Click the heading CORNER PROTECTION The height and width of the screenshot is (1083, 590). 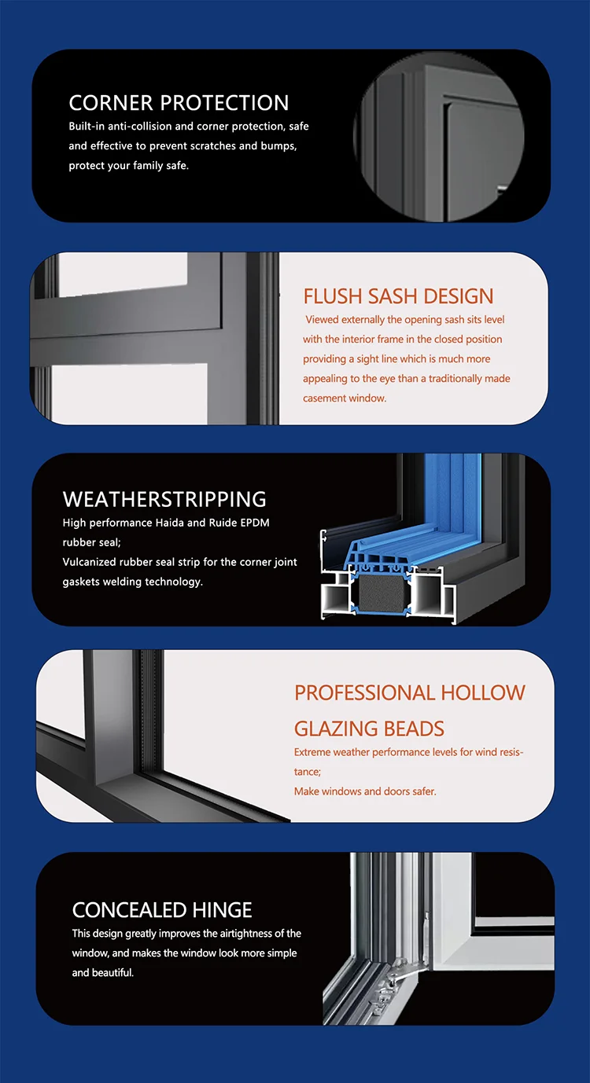[179, 103]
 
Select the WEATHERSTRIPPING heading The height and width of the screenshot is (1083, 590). [164, 499]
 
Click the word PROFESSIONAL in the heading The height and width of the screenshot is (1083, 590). [364, 692]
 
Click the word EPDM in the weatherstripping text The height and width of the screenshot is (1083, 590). [254, 523]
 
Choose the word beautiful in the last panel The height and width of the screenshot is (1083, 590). [113, 973]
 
